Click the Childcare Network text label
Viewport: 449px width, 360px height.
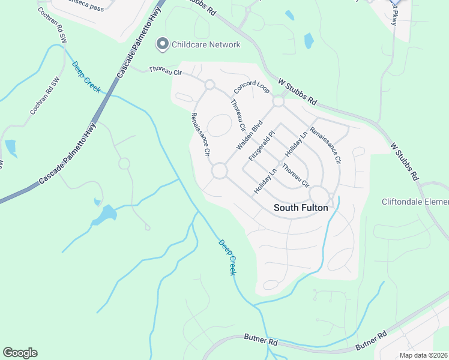pos(206,44)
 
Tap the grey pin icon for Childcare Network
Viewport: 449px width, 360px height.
pos(161,44)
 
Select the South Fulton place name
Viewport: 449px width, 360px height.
pos(301,208)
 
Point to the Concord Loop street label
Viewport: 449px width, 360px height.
pos(252,87)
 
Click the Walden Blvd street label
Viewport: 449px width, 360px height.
pos(250,137)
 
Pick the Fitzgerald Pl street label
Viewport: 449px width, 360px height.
pos(262,146)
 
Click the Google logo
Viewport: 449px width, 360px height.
pos(20,353)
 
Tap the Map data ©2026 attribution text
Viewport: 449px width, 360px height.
pos(423,355)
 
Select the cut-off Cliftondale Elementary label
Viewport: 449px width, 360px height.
pos(415,202)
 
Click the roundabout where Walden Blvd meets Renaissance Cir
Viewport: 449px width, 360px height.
pos(219,172)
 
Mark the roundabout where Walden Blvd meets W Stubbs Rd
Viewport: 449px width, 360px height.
pos(278,101)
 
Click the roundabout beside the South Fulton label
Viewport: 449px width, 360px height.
pos(319,195)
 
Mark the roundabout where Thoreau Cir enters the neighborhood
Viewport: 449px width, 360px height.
pos(209,85)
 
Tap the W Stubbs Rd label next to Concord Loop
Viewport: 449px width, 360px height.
pos(297,91)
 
